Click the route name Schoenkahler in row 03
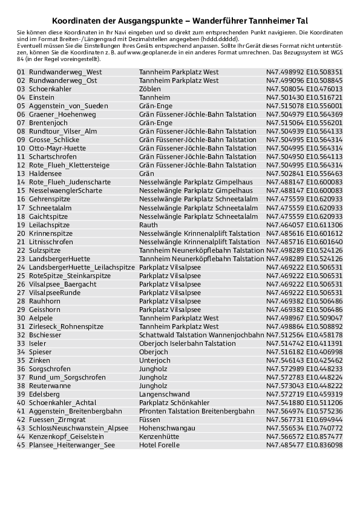click(50, 88)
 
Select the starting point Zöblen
click(150, 88)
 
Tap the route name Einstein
click(42, 97)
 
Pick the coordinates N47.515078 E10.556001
click(304, 105)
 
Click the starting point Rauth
click(148, 224)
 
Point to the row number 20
click(21, 233)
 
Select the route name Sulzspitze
click(45, 250)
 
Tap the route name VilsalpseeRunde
click(54, 292)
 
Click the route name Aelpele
click(41, 317)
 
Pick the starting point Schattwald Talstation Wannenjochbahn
click(201, 334)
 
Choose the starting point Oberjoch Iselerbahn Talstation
click(188, 343)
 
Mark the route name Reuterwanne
click(50, 385)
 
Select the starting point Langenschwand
click(165, 394)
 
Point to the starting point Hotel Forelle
click(159, 445)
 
